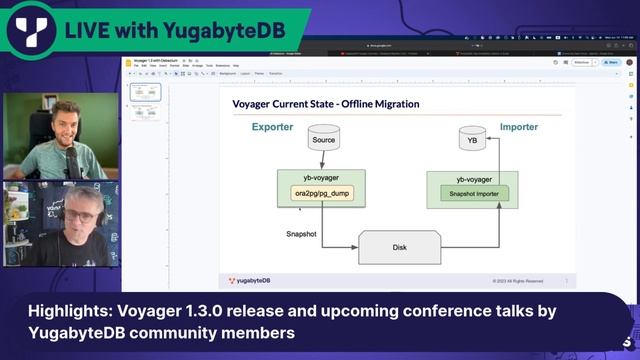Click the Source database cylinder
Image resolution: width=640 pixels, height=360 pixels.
point(323,138)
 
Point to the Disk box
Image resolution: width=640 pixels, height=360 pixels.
point(399,247)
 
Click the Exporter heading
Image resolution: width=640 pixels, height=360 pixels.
point(273,127)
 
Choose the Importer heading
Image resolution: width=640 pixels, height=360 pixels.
point(518,127)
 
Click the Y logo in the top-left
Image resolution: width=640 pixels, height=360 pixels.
point(29,29)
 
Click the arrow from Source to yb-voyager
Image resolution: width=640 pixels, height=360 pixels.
point(323,161)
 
